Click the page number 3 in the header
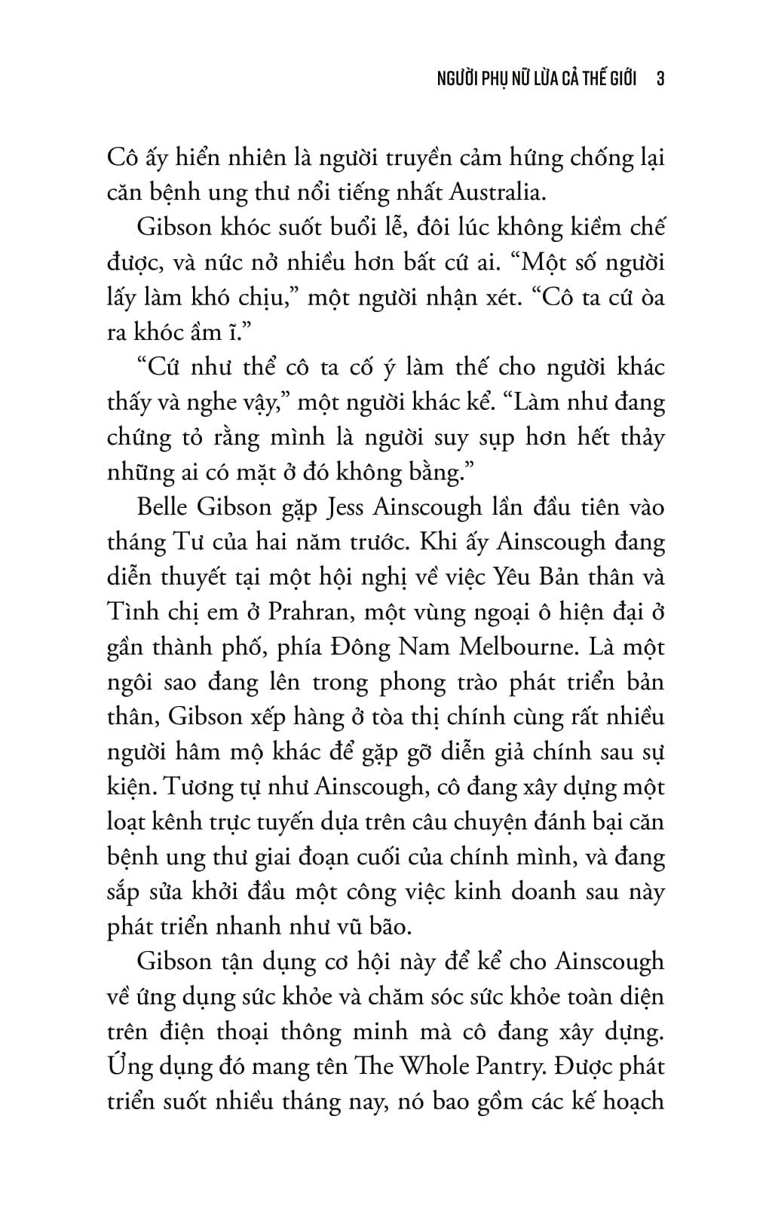pos(660,79)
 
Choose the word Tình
pos(130,611)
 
